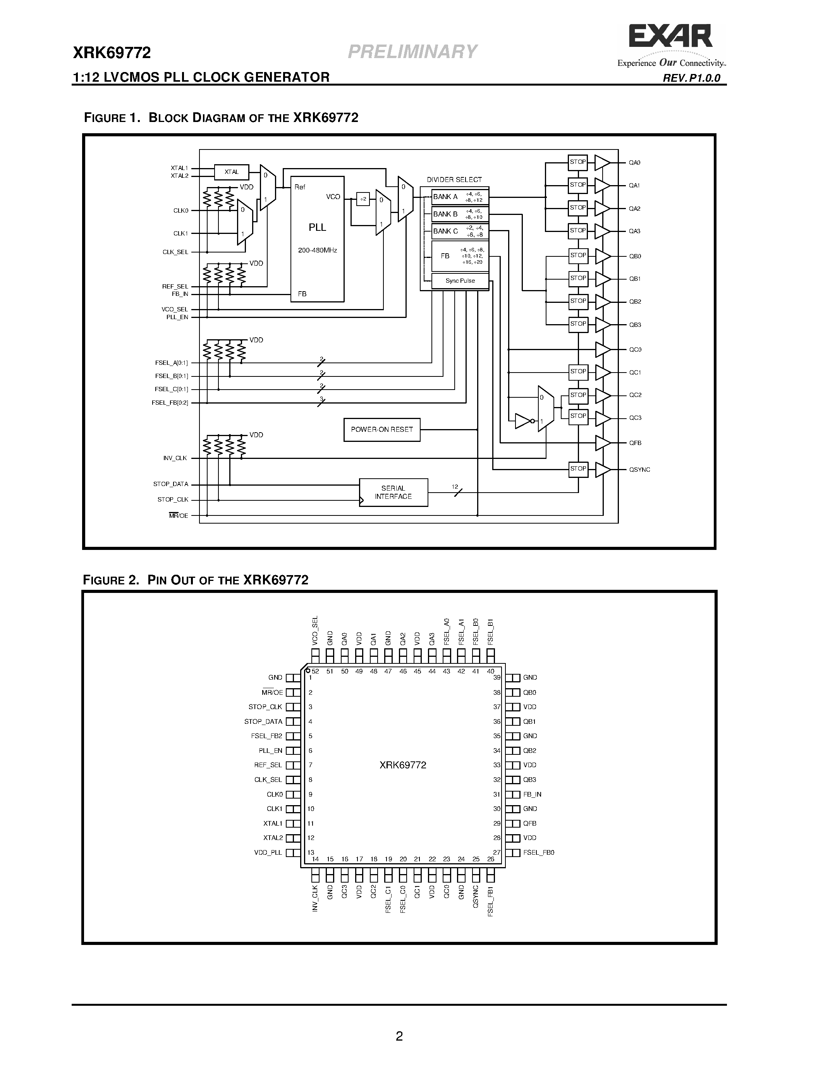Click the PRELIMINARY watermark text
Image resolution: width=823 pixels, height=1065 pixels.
pyautogui.click(x=412, y=52)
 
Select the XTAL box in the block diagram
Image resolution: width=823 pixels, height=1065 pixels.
pyautogui.click(x=232, y=172)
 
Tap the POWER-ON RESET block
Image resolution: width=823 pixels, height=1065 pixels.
pyautogui.click(x=382, y=429)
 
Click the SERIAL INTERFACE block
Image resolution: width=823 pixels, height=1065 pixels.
pyautogui.click(x=393, y=493)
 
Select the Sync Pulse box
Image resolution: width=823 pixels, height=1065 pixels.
pyautogui.click(x=460, y=281)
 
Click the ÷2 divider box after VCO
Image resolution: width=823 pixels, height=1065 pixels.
pyautogui.click(x=363, y=199)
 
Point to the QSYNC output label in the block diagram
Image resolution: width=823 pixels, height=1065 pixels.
pyautogui.click(x=639, y=470)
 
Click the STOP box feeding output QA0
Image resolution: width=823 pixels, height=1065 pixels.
pyautogui.click(x=578, y=162)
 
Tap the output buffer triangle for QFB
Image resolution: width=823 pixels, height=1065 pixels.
pyautogui.click(x=603, y=443)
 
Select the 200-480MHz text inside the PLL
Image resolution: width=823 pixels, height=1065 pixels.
pyautogui.click(x=318, y=251)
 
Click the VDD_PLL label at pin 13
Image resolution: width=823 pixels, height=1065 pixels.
pyautogui.click(x=268, y=852)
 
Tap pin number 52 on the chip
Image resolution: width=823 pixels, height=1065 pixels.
pyautogui.click(x=315, y=672)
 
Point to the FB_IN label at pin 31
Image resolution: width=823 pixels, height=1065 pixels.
pyautogui.click(x=532, y=794)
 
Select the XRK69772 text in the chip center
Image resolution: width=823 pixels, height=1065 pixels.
pyautogui.click(x=403, y=765)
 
